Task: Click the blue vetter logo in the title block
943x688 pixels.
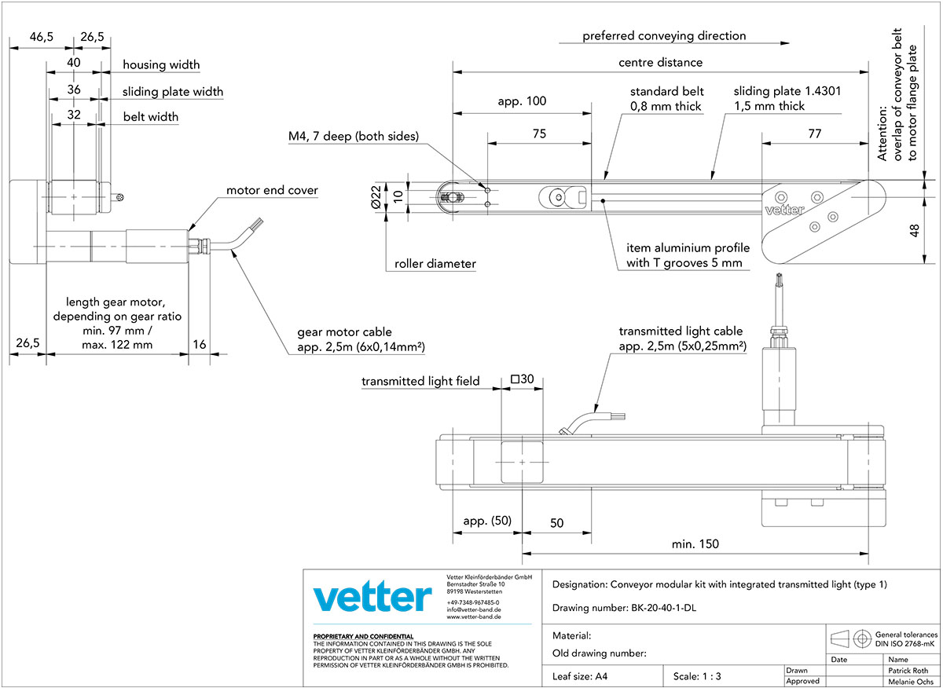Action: click(372, 596)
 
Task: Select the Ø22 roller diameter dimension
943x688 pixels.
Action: click(376, 197)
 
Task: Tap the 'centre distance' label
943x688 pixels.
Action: click(661, 63)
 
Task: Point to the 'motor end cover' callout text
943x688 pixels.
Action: click(272, 190)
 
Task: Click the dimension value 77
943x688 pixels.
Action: click(815, 134)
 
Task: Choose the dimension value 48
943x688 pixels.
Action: click(914, 231)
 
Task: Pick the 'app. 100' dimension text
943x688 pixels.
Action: click(522, 101)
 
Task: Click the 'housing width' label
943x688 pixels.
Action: click(161, 65)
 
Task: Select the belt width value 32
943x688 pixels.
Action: click(74, 115)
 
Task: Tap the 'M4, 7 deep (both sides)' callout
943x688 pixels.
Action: click(354, 137)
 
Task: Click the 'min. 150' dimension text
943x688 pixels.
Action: click(695, 544)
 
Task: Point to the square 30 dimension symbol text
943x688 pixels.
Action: click(522, 379)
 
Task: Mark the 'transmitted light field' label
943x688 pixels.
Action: click(420, 381)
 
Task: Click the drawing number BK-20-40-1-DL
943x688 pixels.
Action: click(663, 608)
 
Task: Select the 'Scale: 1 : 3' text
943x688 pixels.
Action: click(697, 676)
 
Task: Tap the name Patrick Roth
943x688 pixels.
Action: click(908, 670)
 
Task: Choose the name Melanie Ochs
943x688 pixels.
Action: click(911, 682)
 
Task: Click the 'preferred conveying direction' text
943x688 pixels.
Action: click(664, 36)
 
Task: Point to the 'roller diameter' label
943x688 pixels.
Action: click(435, 264)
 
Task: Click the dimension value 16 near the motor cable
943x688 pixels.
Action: click(199, 345)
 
